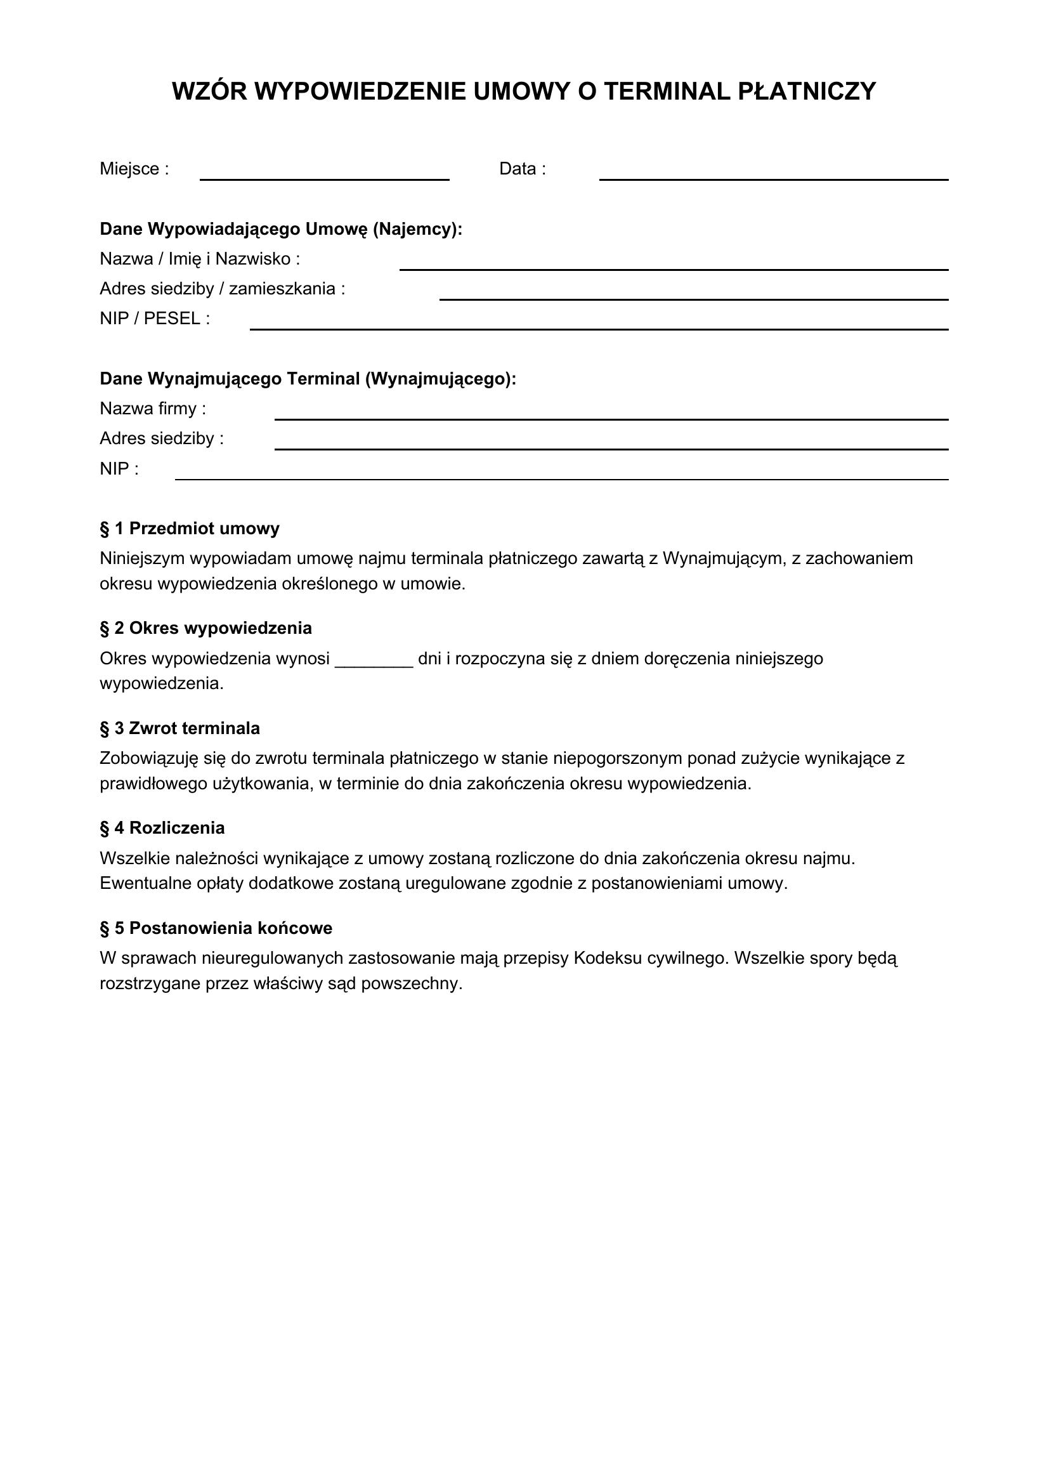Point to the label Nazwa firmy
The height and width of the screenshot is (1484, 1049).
[x=152, y=409]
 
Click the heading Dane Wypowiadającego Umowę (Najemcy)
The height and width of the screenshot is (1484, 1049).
[x=281, y=229]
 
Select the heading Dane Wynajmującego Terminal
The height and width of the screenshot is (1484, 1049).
[x=308, y=379]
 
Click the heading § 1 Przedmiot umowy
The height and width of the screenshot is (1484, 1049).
[x=189, y=529]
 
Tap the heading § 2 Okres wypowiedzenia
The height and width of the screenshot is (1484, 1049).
[x=205, y=628]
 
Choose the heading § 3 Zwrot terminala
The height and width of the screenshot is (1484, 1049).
[x=179, y=728]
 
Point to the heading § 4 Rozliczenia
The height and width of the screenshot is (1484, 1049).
[x=162, y=828]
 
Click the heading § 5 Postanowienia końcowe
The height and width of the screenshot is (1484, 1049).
[x=216, y=928]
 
